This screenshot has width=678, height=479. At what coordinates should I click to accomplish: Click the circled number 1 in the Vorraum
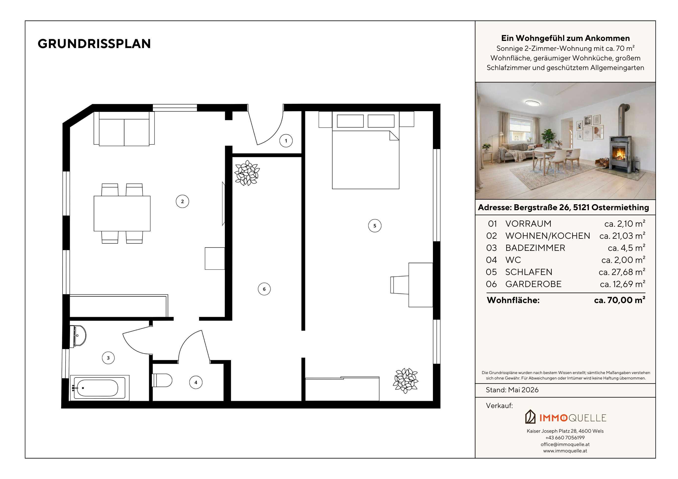[286, 141]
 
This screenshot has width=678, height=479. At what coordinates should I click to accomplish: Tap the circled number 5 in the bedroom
[375, 226]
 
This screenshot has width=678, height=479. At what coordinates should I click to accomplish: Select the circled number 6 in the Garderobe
[264, 289]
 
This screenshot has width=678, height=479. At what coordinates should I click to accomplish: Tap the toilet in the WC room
[162, 380]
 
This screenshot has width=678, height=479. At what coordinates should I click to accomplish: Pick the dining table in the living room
[122, 213]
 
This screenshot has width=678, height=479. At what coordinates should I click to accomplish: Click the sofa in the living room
[124, 129]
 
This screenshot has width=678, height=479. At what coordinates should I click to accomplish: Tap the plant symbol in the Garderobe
[247, 173]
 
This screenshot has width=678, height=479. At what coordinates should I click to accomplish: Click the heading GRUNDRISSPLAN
[94, 44]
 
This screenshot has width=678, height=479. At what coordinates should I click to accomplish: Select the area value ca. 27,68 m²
[622, 272]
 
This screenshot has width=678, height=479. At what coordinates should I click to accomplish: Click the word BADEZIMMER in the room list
[535, 248]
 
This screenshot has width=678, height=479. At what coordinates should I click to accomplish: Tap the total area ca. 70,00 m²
[620, 300]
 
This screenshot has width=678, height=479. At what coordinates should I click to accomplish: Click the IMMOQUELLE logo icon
[530, 417]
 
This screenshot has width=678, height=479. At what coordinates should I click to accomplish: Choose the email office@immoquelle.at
[565, 444]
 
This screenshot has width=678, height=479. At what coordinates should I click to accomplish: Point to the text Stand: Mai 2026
[512, 390]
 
